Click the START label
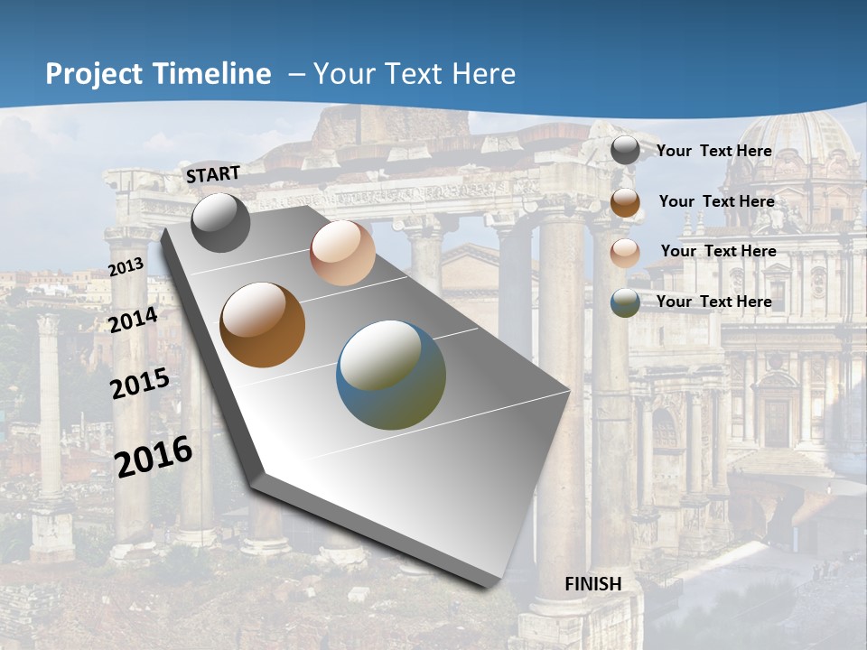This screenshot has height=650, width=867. [x=213, y=174]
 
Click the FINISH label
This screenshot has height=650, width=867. [x=593, y=584]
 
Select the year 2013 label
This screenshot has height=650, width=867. [x=126, y=267]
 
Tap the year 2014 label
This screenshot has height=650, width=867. [x=134, y=320]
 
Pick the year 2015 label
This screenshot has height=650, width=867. [x=140, y=384]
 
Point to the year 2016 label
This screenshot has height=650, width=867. [x=154, y=456]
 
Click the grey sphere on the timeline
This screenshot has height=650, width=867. [x=220, y=223]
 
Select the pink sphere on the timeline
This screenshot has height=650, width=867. [x=342, y=254]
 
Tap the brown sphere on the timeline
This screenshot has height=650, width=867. [x=263, y=325]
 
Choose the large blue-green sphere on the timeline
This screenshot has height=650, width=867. [x=391, y=375]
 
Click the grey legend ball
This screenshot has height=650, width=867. [x=625, y=151]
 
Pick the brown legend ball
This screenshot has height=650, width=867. [x=625, y=202]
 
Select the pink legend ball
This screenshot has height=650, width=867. [x=625, y=253]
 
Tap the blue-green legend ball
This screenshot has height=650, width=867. [x=625, y=302]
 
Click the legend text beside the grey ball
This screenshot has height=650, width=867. [x=713, y=151]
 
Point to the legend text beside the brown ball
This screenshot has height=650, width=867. [x=716, y=201]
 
